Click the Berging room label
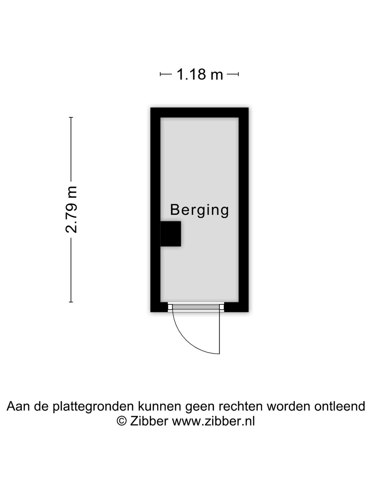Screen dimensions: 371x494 [199, 210]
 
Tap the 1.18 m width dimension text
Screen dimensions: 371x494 [200, 74]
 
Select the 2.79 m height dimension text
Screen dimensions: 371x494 [71, 210]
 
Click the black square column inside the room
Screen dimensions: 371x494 [170, 234]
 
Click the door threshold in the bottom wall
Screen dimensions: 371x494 [196, 307]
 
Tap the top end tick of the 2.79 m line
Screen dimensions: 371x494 [71, 117]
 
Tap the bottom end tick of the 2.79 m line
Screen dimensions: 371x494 [71, 302]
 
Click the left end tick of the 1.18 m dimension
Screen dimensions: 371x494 [160, 74]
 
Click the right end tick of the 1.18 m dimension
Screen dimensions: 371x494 [238, 74]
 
